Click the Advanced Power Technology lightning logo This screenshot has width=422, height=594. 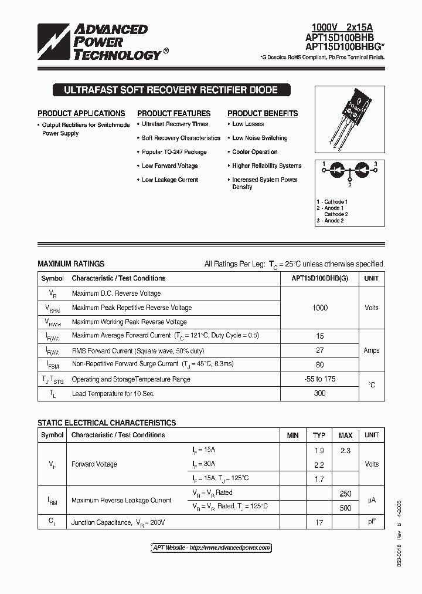(54, 42)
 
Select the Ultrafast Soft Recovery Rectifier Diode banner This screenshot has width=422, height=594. (170, 90)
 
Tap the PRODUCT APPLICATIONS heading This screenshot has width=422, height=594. (81, 113)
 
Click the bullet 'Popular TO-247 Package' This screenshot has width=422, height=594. (174, 152)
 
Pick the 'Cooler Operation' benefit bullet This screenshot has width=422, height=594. (254, 152)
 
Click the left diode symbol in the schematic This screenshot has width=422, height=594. (338, 168)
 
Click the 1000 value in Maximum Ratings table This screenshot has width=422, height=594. (319, 308)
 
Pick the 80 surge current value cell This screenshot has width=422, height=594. (319, 364)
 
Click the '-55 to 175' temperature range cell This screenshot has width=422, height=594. (319, 379)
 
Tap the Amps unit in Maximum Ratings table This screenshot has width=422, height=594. (371, 350)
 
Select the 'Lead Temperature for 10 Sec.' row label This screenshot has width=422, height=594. (113, 393)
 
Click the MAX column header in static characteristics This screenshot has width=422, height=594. (345, 436)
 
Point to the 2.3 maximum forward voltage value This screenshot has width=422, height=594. (345, 450)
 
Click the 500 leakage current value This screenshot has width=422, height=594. (345, 508)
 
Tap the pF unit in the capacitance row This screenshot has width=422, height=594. (371, 522)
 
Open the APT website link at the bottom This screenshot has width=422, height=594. (211, 548)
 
